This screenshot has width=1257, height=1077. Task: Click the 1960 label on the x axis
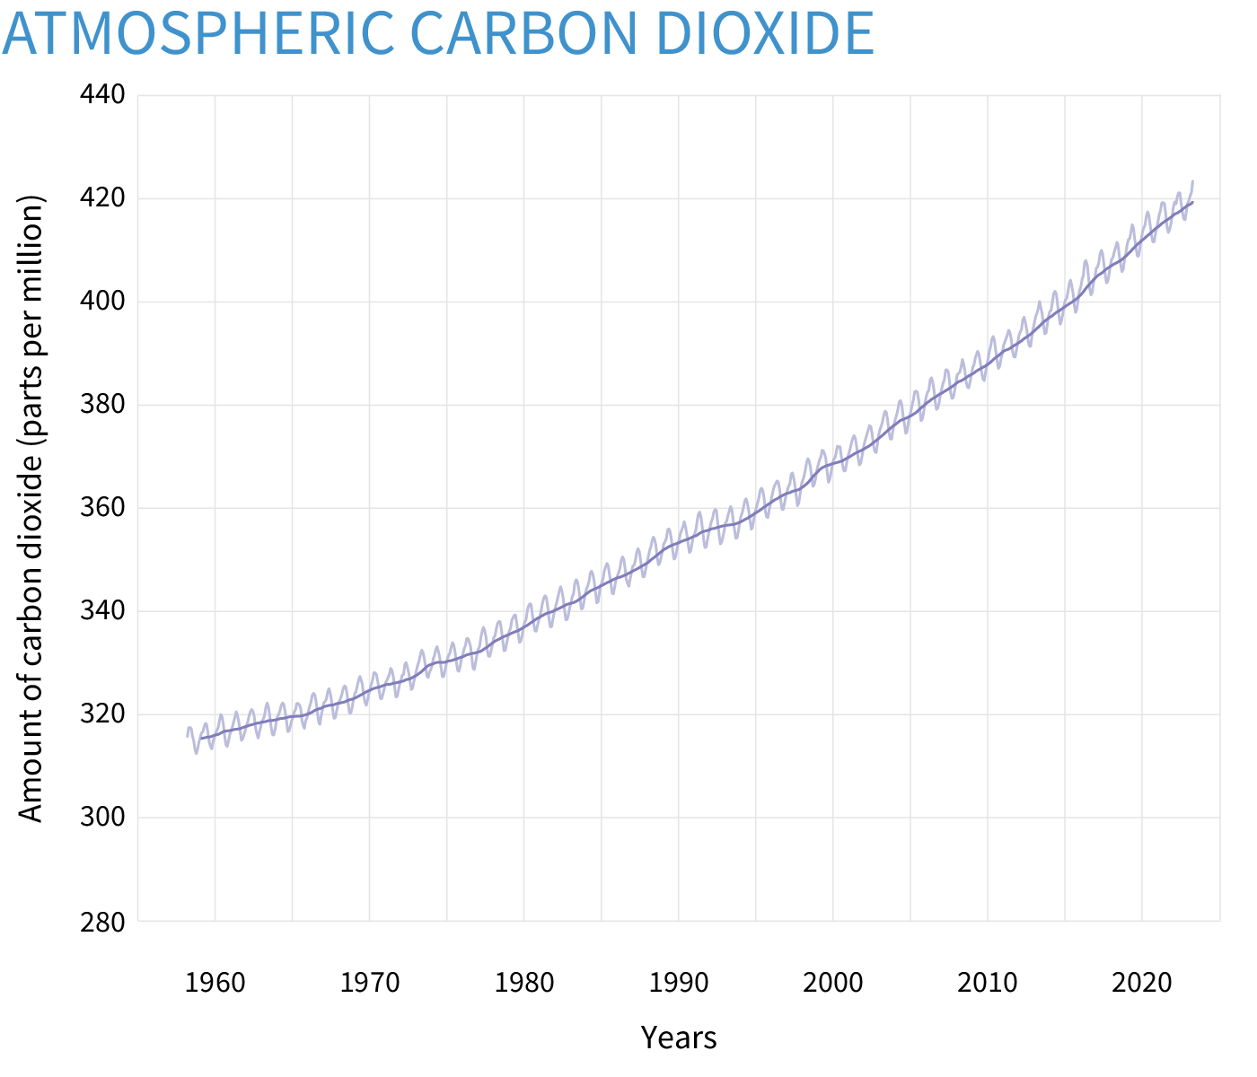click(215, 983)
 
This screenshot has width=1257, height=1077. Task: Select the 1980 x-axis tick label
click(524, 983)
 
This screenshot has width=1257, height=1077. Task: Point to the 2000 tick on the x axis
click(833, 983)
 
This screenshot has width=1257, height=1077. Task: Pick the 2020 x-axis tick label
click(1142, 983)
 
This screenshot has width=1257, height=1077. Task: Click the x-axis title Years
click(679, 1038)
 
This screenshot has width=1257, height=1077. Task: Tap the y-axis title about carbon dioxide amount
click(31, 508)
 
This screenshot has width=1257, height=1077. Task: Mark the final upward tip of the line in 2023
click(1192, 181)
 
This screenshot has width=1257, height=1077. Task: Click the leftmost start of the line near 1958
click(188, 736)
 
